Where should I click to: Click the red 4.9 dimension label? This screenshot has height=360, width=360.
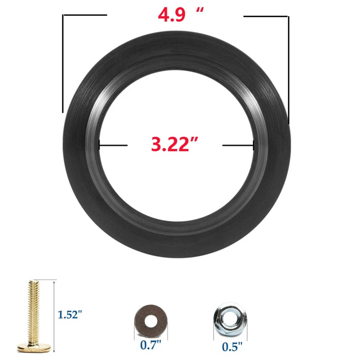[171, 15]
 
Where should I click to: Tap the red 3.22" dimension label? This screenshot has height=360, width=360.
[175, 144]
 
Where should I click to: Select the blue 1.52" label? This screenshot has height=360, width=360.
[69, 314]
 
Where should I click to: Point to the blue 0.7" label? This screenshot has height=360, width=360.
[151, 345]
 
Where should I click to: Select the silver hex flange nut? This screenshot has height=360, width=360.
[230, 320]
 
